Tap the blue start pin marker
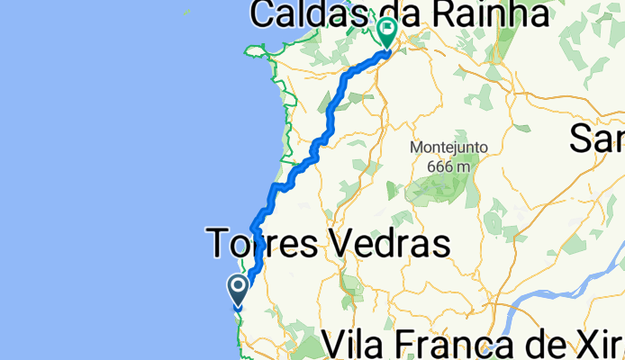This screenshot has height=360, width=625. pyautogui.click(x=240, y=291)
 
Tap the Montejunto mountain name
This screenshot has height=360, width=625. pyautogui.click(x=448, y=148)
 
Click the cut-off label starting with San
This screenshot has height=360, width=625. pyautogui.click(x=598, y=139)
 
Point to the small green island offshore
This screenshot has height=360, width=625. pyautogui.click(x=187, y=12)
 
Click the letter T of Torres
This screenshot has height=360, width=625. pyautogui.click(x=220, y=243)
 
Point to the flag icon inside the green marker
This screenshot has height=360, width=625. pyautogui.click(x=388, y=28)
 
